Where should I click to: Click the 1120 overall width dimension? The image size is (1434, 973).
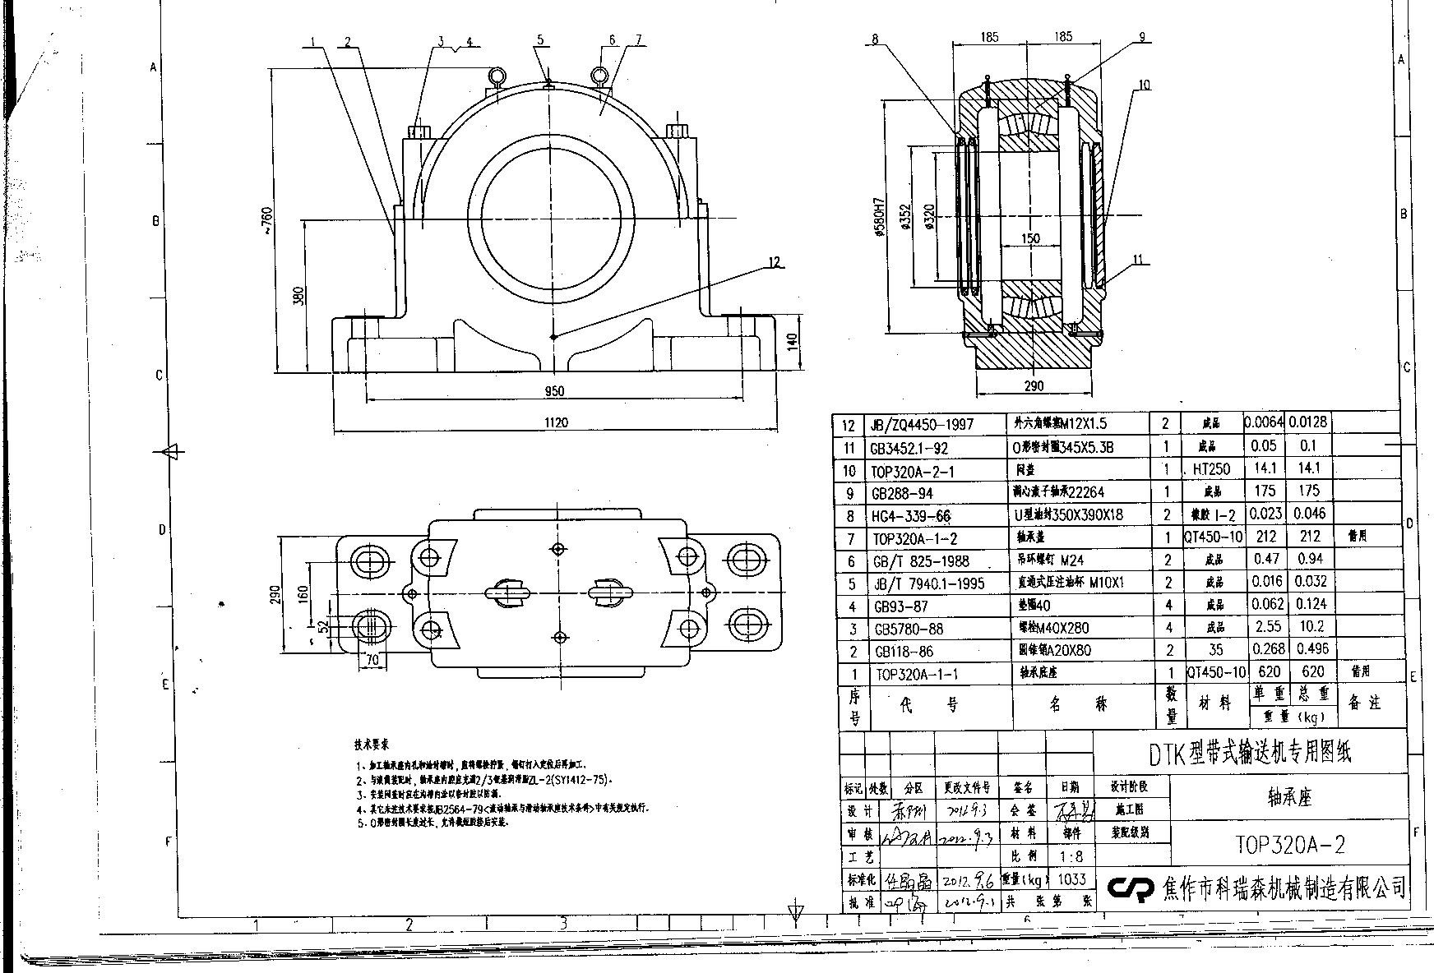pyautogui.click(x=556, y=422)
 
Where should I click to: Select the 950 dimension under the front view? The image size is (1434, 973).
pyautogui.click(x=554, y=391)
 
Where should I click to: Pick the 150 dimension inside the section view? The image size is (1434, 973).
pyautogui.click(x=1029, y=238)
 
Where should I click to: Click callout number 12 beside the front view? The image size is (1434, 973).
pyautogui.click(x=773, y=262)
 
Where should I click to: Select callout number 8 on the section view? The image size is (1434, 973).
pyautogui.click(x=875, y=39)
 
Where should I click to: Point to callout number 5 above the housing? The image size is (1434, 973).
pyautogui.click(x=540, y=39)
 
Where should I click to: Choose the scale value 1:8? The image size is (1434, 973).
pyautogui.click(x=1072, y=855)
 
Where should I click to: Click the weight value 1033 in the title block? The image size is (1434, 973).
pyautogui.click(x=1071, y=878)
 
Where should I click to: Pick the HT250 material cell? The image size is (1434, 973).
pyautogui.click(x=1211, y=469)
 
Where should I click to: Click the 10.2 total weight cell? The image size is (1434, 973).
pyautogui.click(x=1309, y=626)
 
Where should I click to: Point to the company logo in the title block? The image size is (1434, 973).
pyautogui.click(x=1132, y=888)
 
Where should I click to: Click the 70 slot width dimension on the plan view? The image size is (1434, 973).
pyautogui.click(x=373, y=658)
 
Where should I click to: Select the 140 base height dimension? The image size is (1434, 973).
pyautogui.click(x=793, y=341)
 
